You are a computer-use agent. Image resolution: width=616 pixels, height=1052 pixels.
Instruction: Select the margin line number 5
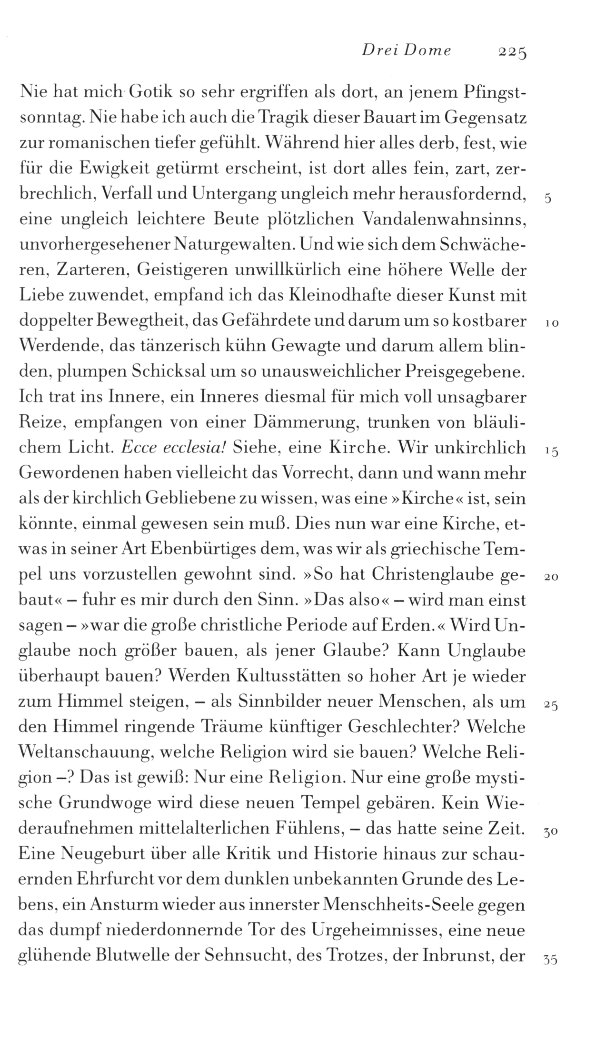pyautogui.click(x=547, y=199)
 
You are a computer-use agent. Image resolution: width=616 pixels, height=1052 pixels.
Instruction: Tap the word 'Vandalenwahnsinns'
pyautogui.click(x=445, y=220)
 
